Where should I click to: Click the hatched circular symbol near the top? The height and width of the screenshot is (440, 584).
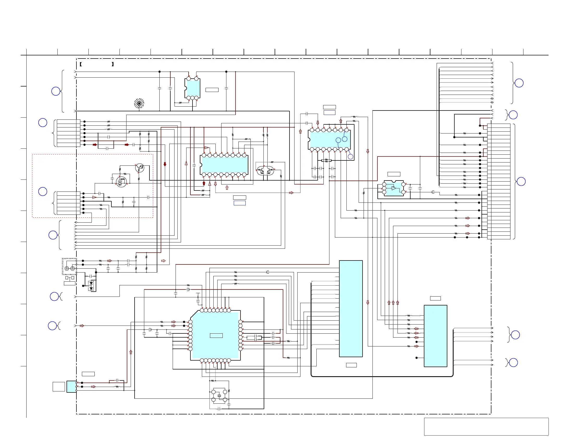pos(139,103)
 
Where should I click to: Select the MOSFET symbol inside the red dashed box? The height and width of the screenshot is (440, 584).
pos(122,182)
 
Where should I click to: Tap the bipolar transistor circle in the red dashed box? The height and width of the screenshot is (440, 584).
pos(140,168)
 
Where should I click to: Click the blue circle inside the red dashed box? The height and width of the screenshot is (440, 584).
pos(43,192)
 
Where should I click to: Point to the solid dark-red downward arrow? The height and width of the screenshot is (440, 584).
pos(165,164)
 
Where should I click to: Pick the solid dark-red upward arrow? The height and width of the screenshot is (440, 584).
pos(204,183)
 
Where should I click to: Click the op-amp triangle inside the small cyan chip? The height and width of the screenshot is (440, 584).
pos(394,188)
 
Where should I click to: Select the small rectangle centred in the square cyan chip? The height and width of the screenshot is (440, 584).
pos(216,335)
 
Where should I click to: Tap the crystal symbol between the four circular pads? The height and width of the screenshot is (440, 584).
pos(219,396)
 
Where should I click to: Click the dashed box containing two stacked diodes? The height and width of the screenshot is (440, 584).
pos(91,286)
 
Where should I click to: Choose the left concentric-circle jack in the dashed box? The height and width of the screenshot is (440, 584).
pos(67,268)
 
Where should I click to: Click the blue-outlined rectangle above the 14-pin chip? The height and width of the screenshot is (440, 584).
pos(329,113)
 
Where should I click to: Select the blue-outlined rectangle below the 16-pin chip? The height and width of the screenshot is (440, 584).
pos(239,203)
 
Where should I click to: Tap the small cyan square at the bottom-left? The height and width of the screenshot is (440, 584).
pos(71,387)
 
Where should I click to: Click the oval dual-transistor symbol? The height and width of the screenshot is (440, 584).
pos(265,171)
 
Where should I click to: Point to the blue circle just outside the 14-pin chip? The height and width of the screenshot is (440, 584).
pos(351,157)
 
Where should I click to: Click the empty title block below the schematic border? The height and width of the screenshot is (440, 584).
pos(486,426)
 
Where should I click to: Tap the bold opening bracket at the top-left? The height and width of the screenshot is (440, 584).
pos(81,64)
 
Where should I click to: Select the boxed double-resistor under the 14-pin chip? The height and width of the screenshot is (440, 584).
pos(326,160)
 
